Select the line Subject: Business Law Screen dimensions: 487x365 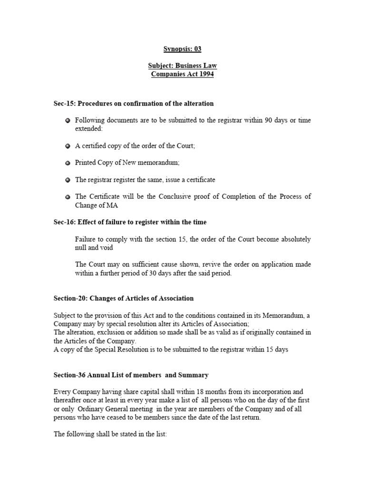[182, 66]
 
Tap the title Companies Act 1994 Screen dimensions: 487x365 [182, 75]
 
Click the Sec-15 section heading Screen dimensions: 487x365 [134, 103]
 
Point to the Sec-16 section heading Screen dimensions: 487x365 [130, 222]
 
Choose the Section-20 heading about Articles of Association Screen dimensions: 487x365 [124, 298]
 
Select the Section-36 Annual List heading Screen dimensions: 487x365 [131, 375]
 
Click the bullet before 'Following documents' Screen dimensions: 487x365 [68, 121]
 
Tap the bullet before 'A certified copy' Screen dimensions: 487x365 [68, 146]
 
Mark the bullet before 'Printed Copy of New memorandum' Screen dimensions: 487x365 [68, 163]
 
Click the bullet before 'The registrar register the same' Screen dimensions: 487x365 [68, 180]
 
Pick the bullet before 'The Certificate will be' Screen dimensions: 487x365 [68, 197]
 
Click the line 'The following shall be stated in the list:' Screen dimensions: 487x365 [110, 435]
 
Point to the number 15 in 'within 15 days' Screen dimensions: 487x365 [267, 350]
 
